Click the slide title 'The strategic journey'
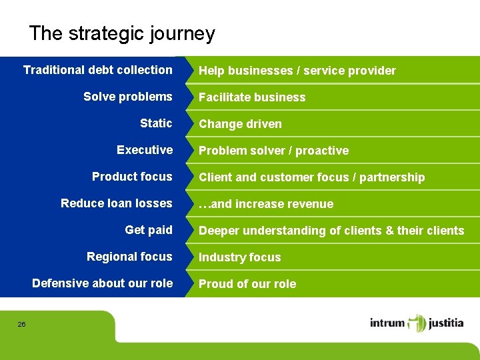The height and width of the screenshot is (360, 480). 122,33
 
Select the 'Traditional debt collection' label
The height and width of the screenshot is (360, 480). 97,70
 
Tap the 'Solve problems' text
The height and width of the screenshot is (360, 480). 127,97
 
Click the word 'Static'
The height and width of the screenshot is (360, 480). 156,123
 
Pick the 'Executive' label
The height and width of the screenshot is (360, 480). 144,150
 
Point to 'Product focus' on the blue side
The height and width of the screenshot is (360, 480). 132,177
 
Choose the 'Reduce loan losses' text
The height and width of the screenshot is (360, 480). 116,203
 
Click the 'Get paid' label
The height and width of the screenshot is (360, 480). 148,230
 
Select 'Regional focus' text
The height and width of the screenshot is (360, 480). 129,257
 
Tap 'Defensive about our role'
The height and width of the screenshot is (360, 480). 102,283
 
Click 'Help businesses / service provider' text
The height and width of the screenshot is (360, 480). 297,71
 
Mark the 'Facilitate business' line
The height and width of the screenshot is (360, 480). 252,97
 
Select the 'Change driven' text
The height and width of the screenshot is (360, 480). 240,124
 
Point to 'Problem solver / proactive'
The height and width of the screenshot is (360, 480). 273,151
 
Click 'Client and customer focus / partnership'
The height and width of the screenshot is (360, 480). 311,177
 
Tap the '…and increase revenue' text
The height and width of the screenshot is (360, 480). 265,204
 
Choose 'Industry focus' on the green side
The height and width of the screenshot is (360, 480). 239,257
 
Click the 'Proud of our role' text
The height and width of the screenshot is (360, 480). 247,284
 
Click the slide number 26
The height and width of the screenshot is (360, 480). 21,324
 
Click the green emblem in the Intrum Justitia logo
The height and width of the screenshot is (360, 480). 417,323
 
